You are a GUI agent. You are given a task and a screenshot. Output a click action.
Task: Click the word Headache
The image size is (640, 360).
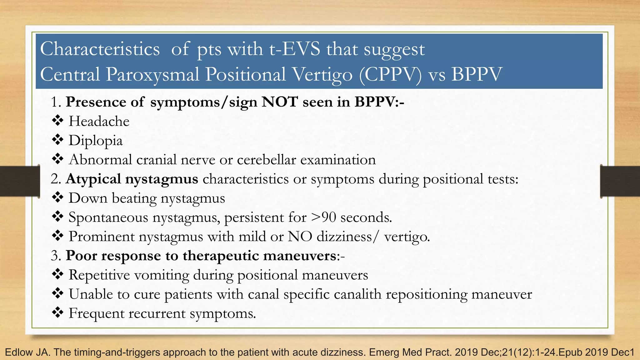99,121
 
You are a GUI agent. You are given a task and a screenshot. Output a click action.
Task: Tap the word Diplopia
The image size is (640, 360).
96,141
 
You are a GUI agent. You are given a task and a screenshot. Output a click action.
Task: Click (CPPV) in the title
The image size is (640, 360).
390,75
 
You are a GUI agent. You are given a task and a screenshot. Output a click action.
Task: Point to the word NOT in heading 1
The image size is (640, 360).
280,102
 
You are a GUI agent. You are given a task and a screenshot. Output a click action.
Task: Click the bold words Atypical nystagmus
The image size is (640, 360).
132,179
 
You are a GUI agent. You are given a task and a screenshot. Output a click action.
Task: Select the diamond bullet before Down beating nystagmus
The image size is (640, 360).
57,198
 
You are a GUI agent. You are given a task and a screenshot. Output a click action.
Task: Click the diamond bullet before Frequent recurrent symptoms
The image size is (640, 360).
57,313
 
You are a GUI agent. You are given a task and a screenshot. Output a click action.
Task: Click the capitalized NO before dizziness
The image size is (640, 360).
300,236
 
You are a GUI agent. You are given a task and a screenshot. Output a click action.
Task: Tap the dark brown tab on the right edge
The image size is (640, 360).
620,181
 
